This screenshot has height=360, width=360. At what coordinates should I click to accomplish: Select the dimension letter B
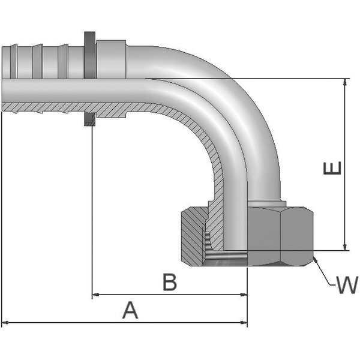(x=170, y=282)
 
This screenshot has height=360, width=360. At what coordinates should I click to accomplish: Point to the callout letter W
(x=346, y=286)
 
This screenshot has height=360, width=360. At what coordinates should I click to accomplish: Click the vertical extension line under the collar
(x=91, y=210)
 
